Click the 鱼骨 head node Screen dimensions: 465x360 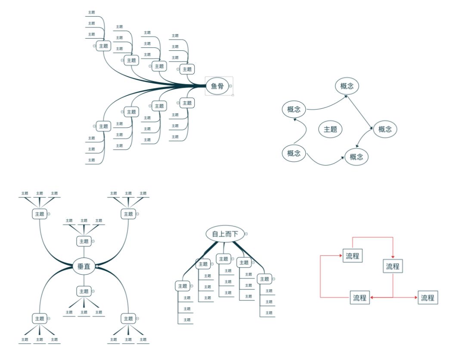217,86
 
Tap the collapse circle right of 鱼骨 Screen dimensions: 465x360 230,86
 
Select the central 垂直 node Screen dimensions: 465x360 84,267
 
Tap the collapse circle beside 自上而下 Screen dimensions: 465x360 246,234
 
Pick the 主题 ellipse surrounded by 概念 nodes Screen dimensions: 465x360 330,129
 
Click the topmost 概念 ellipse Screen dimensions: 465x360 347,86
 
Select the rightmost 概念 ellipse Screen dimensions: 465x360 385,129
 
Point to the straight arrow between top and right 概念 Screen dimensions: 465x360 360,113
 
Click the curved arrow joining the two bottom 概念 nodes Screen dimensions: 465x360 326,163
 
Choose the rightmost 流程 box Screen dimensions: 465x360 428,298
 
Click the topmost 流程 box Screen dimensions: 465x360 352,256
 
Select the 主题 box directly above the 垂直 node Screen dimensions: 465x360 84,241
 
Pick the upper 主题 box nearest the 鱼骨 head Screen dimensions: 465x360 187,69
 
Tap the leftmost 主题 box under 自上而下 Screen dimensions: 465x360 182,286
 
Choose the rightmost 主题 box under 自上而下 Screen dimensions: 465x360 264,279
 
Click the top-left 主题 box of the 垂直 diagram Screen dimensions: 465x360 40,214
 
